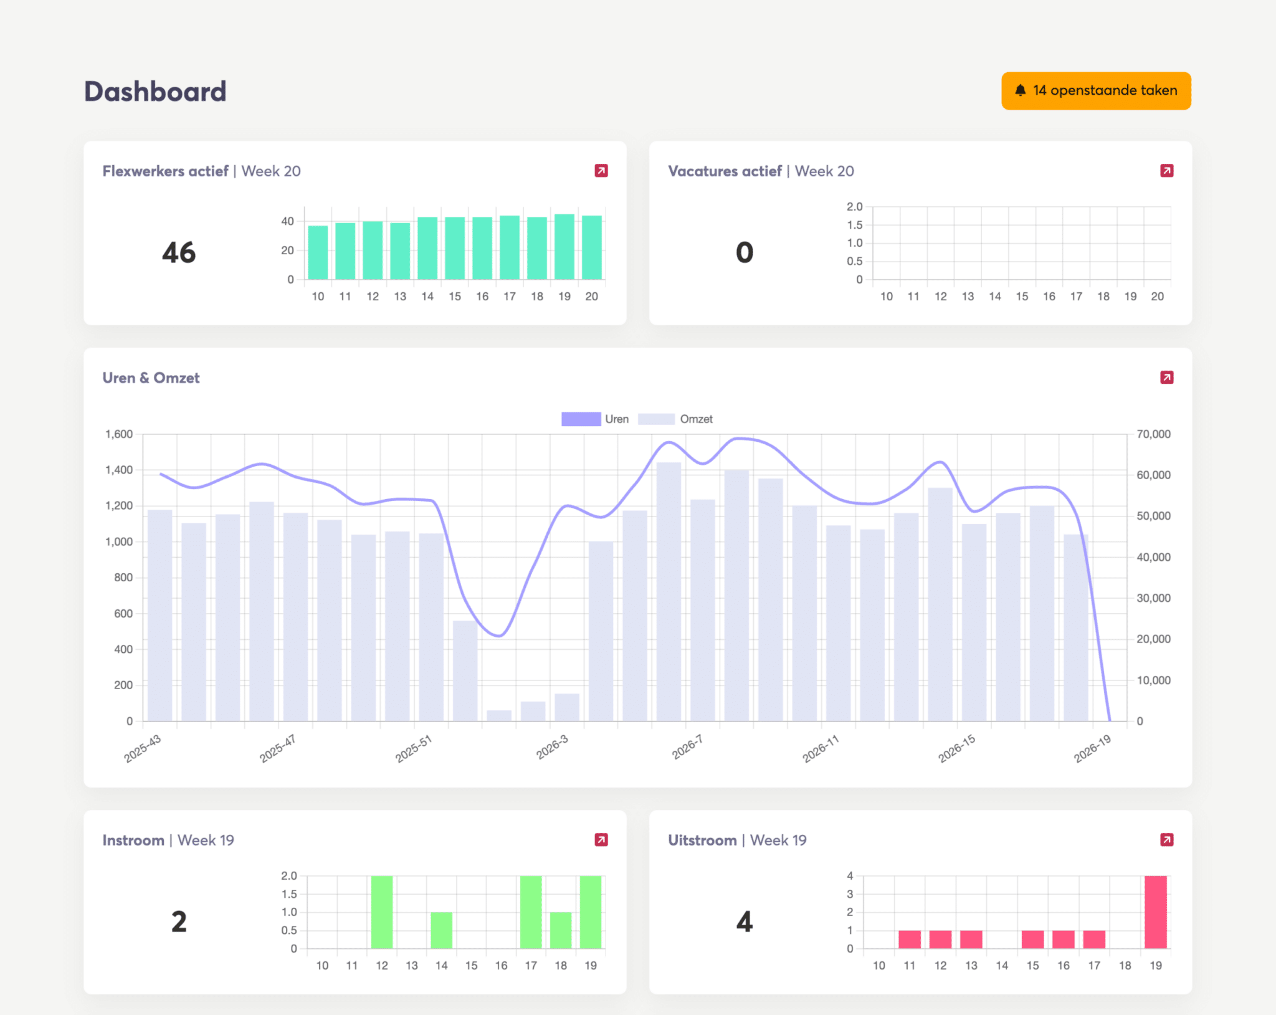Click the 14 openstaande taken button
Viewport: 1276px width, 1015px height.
click(1096, 91)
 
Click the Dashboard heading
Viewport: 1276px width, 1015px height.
click(155, 92)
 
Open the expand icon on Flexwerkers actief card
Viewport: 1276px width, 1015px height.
click(601, 171)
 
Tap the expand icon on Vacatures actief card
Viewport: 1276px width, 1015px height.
click(1167, 171)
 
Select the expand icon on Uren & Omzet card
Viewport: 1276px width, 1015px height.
click(1167, 378)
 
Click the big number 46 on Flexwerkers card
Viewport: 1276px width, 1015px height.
click(179, 253)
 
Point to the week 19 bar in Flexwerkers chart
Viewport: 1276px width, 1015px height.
click(564, 247)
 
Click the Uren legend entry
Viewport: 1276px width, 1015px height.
click(595, 419)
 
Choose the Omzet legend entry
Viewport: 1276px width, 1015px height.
click(675, 419)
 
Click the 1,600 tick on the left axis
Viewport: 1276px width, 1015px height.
click(119, 434)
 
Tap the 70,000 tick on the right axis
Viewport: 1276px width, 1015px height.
click(1153, 434)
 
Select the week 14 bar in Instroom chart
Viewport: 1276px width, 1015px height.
click(442, 930)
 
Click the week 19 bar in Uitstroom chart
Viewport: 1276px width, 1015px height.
click(1156, 912)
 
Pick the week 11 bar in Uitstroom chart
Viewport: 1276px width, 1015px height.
click(910, 940)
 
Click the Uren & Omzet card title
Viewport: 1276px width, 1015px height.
click(151, 378)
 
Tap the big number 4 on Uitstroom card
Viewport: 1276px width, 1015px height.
click(745, 922)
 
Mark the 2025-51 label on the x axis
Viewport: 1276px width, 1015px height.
click(413, 748)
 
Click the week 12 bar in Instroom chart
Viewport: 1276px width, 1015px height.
click(382, 912)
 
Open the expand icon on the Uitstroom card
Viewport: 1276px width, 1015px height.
click(1167, 840)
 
